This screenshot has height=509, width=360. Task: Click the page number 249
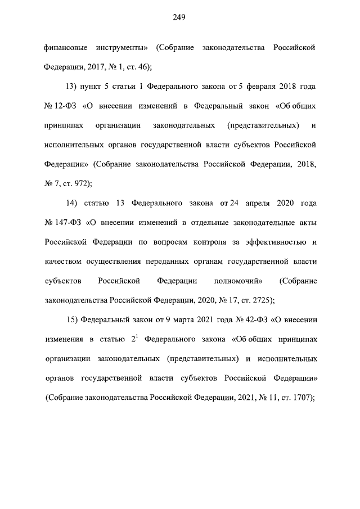[179, 17]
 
